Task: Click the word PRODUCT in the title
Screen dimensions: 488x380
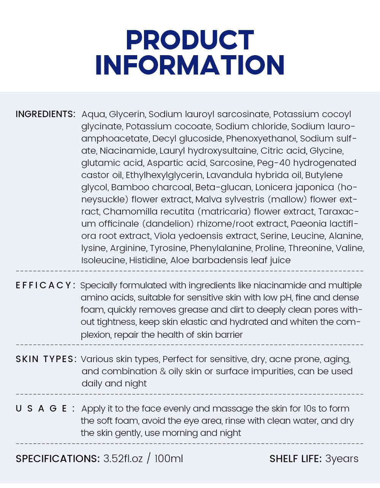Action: point(190,40)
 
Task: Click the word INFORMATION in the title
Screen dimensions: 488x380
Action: point(190,65)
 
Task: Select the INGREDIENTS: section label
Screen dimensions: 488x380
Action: point(46,114)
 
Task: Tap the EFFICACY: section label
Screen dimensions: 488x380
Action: point(46,285)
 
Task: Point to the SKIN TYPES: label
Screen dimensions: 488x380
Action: point(46,359)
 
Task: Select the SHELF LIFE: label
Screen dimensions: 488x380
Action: point(296,459)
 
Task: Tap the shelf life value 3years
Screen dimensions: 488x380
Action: point(342,459)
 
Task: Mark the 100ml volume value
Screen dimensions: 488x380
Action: point(169,458)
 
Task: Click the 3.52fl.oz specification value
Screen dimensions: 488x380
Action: point(123,458)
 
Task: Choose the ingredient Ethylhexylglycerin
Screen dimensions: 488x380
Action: point(164,175)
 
